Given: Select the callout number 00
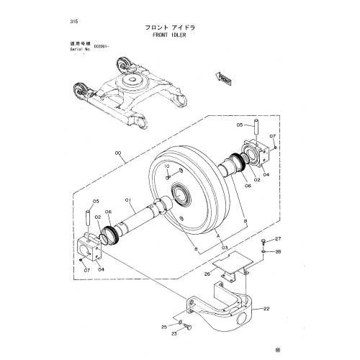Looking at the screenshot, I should [119, 153].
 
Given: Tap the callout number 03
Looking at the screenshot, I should [224, 247].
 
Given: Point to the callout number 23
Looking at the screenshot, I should [174, 333].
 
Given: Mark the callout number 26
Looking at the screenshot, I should [207, 274].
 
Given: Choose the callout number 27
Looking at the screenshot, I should [279, 238].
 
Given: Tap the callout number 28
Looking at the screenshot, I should [279, 251].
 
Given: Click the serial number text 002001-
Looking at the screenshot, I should [96, 53].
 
